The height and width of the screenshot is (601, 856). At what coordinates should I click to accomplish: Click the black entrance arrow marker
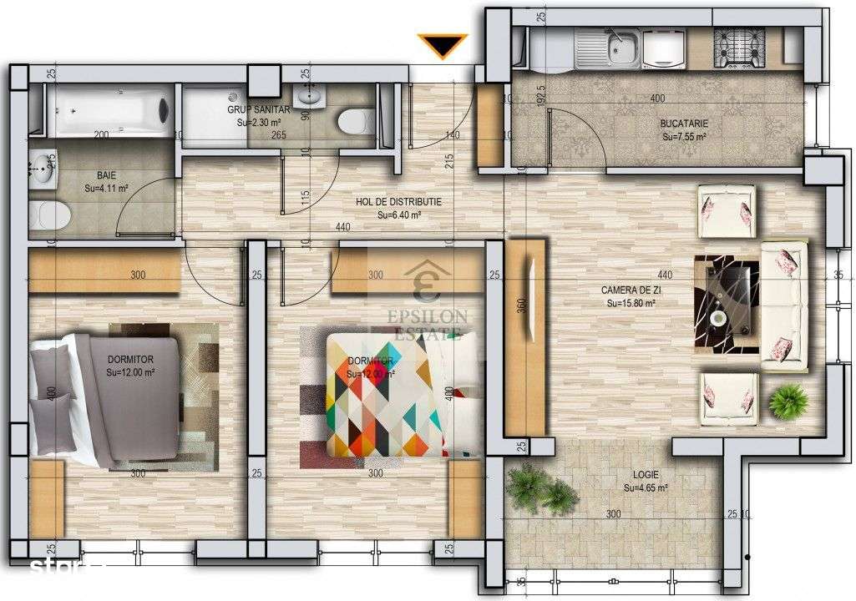click(443, 47)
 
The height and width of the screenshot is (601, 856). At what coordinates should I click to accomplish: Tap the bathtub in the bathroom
click(109, 109)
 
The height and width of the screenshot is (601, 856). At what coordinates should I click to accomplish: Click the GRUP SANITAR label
click(258, 109)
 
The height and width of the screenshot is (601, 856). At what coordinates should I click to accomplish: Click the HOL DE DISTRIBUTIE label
click(398, 201)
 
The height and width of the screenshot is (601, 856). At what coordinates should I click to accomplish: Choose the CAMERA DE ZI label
click(631, 290)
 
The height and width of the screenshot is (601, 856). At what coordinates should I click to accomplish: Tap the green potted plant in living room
click(788, 402)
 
